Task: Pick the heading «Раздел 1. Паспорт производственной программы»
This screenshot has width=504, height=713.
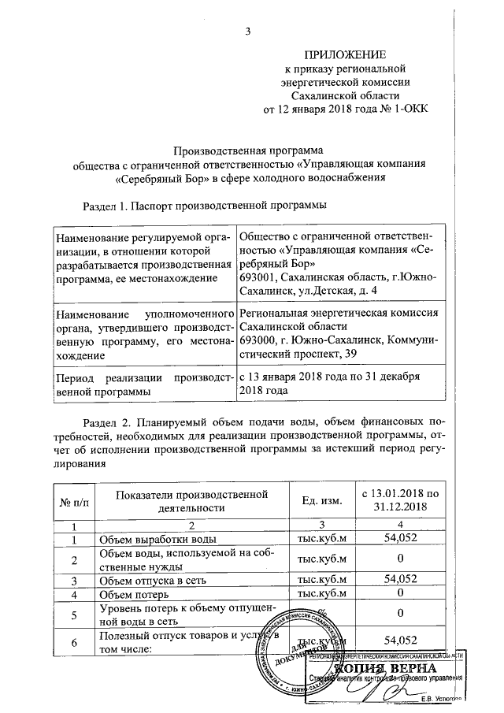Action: coord(205,206)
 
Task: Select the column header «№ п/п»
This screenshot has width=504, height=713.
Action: coord(73,501)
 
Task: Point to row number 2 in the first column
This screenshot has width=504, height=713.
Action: coord(73,560)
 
